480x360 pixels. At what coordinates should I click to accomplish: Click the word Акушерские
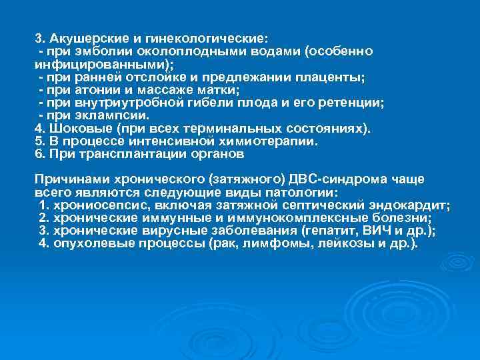(x=83, y=39)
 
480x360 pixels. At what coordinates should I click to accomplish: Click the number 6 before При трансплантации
(x=38, y=154)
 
